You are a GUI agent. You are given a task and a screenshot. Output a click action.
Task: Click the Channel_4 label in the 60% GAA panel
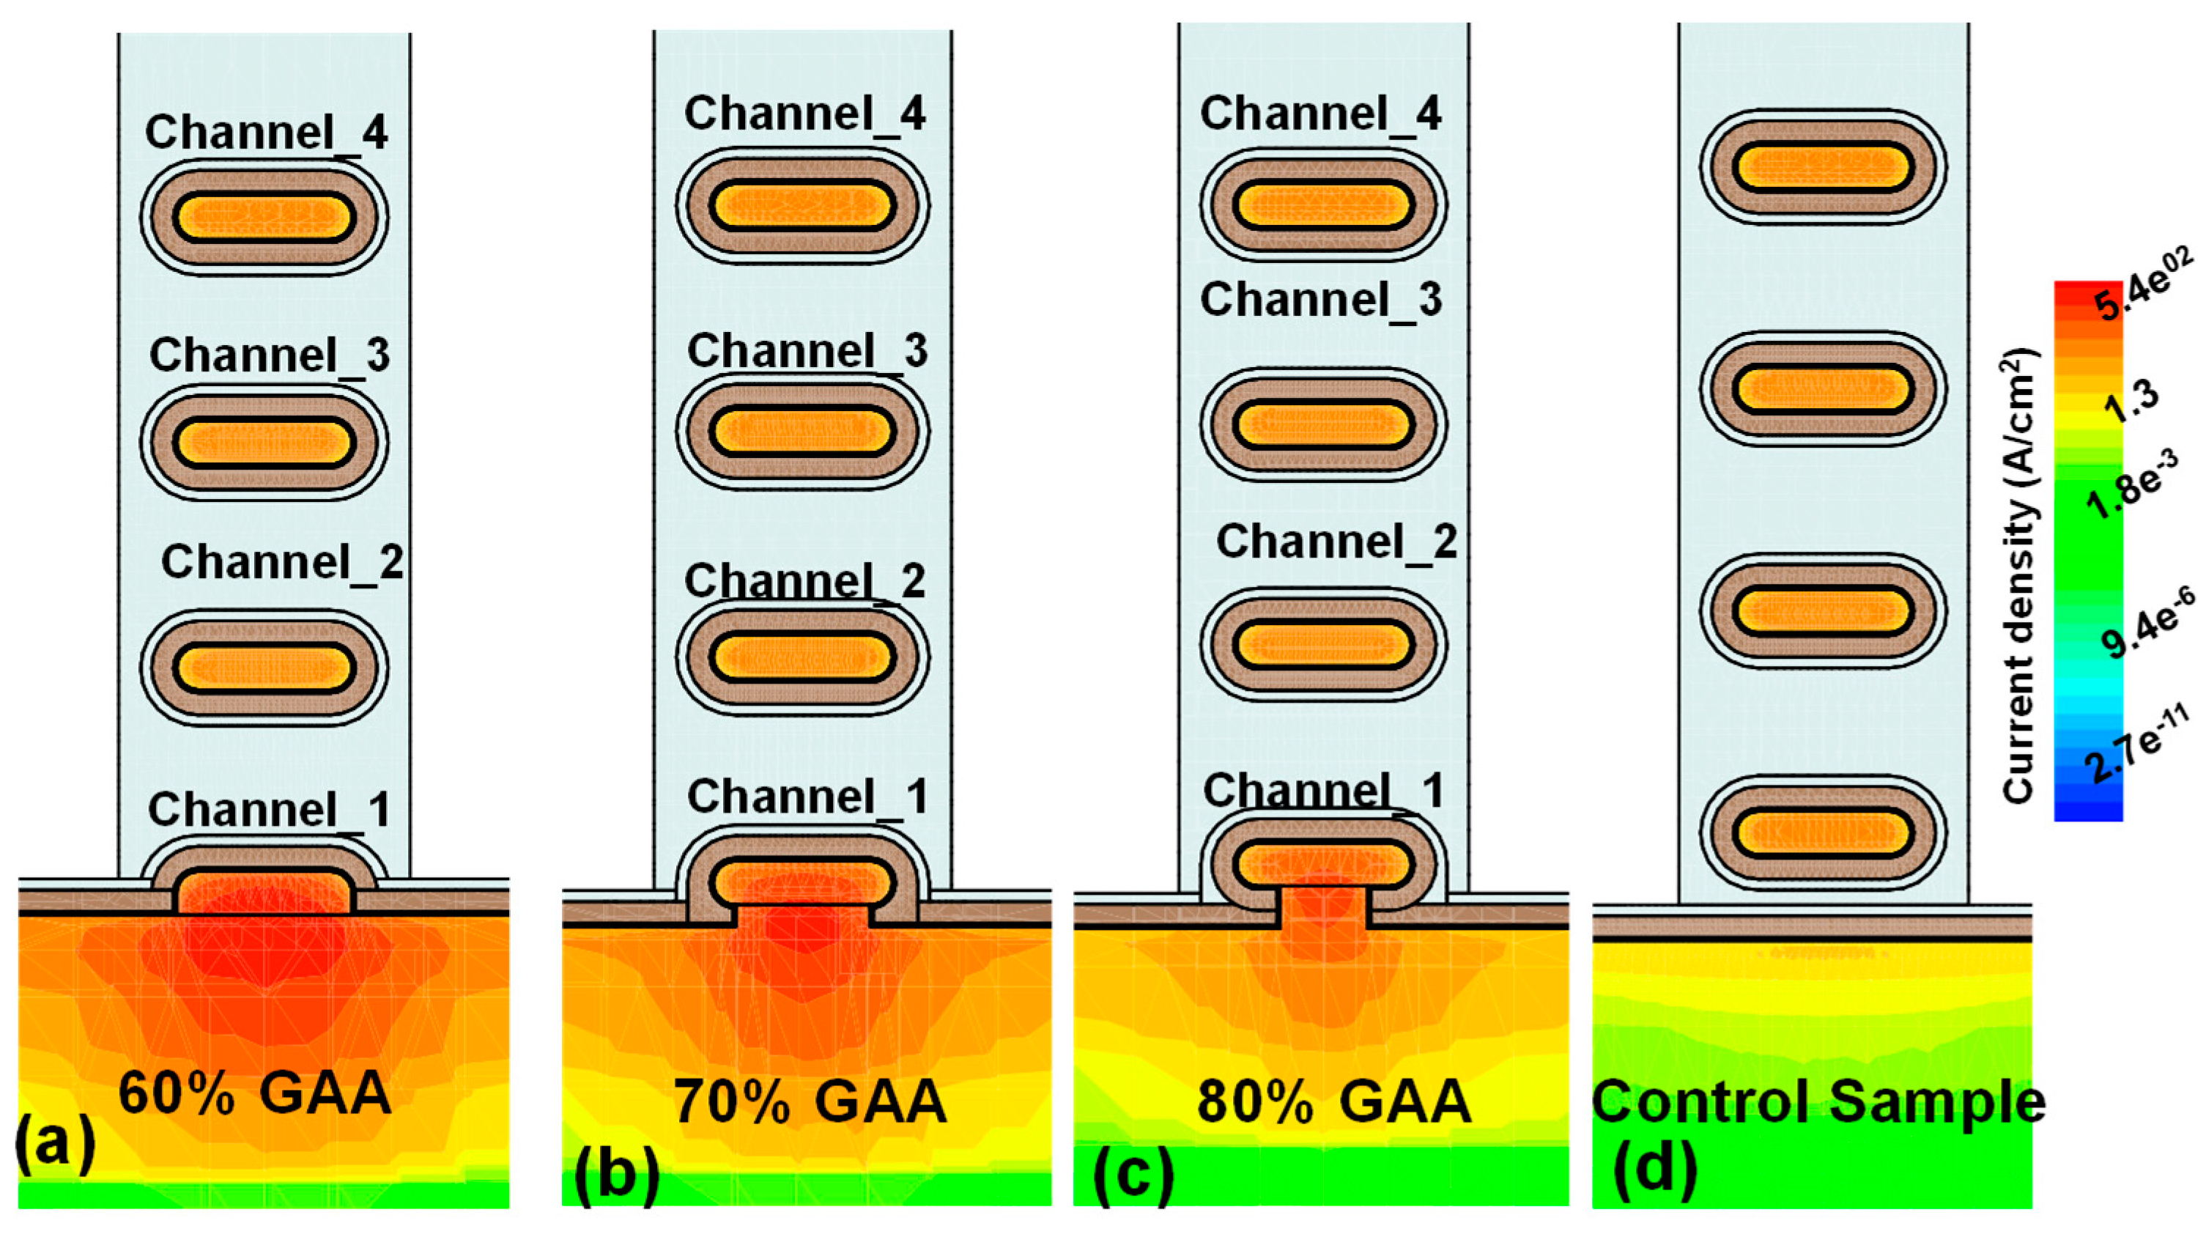[x=265, y=133]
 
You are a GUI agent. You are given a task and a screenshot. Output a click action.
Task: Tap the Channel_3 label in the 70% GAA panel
[x=807, y=351]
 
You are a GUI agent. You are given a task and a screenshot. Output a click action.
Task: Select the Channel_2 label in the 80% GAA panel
[x=1336, y=542]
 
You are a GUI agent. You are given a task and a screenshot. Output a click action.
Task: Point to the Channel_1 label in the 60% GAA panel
[x=269, y=810]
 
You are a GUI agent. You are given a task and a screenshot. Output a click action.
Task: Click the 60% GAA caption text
[x=254, y=1094]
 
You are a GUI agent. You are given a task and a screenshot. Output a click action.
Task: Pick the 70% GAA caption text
[x=810, y=1101]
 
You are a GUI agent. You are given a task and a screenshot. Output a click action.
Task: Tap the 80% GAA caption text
[x=1333, y=1101]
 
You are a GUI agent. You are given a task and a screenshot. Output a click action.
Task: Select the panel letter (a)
[x=55, y=1144]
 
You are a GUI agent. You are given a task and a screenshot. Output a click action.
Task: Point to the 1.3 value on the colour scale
[x=2131, y=402]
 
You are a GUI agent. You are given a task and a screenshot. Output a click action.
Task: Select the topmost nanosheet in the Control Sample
[x=1822, y=167]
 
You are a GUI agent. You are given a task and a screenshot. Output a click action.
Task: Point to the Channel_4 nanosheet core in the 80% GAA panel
[x=1323, y=206]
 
